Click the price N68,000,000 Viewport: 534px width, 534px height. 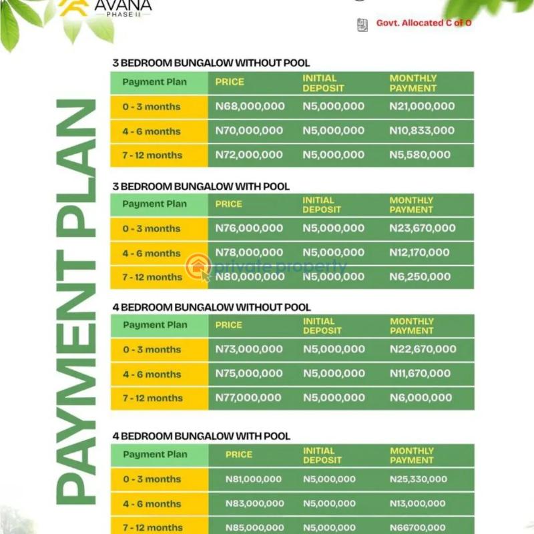(x=250, y=106)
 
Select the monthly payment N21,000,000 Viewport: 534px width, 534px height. (x=422, y=106)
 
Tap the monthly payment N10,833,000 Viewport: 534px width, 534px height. (x=422, y=131)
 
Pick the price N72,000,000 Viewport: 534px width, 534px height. (x=249, y=155)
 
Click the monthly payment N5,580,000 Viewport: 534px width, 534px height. (x=420, y=155)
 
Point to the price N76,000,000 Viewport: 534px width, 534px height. (x=249, y=228)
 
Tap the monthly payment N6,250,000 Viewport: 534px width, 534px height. (x=420, y=277)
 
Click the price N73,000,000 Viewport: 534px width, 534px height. (x=249, y=349)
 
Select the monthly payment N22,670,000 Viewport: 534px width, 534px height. (x=423, y=349)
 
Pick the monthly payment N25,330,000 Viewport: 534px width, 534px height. (x=419, y=479)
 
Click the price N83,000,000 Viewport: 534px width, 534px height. (x=254, y=504)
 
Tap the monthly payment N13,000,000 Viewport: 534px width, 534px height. (x=417, y=504)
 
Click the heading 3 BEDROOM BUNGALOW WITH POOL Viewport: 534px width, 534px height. (x=201, y=186)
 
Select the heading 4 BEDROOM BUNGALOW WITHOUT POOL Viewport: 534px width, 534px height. (x=212, y=307)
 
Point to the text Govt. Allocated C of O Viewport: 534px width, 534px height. (x=424, y=23)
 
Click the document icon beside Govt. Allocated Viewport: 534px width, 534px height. (x=362, y=25)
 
